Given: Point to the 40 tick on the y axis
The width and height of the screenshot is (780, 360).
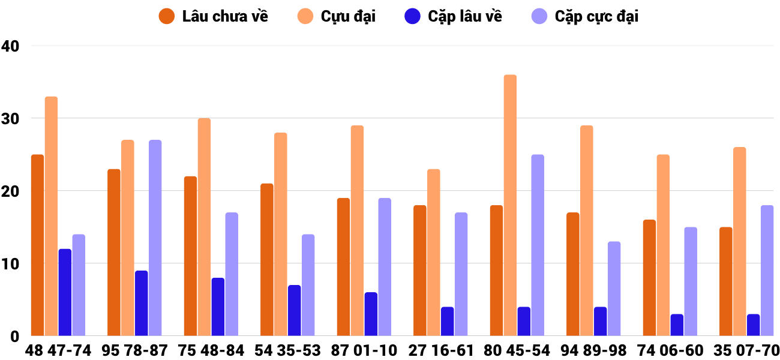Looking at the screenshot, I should coord(10,46).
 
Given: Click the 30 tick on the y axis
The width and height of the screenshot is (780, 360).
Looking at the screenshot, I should coord(10,119).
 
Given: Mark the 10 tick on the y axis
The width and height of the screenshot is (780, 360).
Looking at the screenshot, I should coord(10,264).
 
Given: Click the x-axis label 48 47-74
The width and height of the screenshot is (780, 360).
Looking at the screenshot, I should coord(58,350).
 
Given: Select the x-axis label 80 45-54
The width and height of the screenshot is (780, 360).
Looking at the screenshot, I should coord(517,350).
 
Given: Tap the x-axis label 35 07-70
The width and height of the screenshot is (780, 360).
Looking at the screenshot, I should coord(746,350).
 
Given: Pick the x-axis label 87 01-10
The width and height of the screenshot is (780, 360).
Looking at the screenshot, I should coord(364,350).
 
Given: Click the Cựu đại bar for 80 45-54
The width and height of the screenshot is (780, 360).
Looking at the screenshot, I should coord(510,205).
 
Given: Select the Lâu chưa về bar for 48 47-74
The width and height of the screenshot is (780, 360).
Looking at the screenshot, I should coord(37,245).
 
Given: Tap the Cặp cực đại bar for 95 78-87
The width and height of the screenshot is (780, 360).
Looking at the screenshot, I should coord(155,238).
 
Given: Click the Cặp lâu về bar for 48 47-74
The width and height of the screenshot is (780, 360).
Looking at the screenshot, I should coord(65,292).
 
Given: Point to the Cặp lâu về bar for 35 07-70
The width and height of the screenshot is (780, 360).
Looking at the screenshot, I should coord(753,325).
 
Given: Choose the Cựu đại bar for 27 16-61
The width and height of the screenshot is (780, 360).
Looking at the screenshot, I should coord(433,252).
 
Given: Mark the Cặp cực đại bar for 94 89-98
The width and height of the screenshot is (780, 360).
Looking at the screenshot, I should coord(614,289).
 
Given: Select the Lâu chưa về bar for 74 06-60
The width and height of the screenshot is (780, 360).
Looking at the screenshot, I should coord(649,278).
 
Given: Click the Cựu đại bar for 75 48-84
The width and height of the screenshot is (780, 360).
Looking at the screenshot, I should coord(204,227).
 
